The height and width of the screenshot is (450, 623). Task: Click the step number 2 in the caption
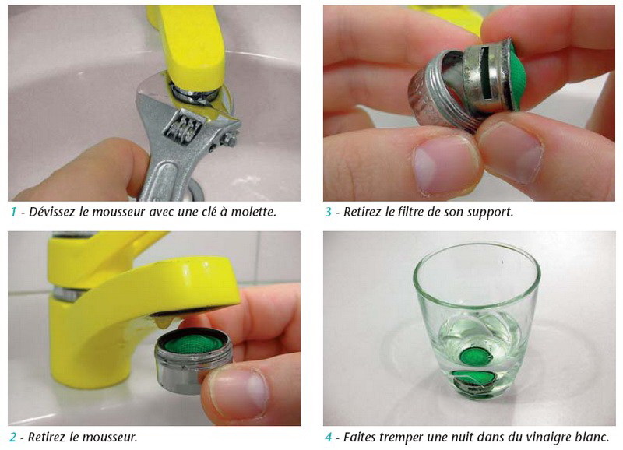13,438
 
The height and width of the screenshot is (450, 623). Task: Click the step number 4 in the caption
329,438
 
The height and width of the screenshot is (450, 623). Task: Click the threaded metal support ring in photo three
424,97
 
